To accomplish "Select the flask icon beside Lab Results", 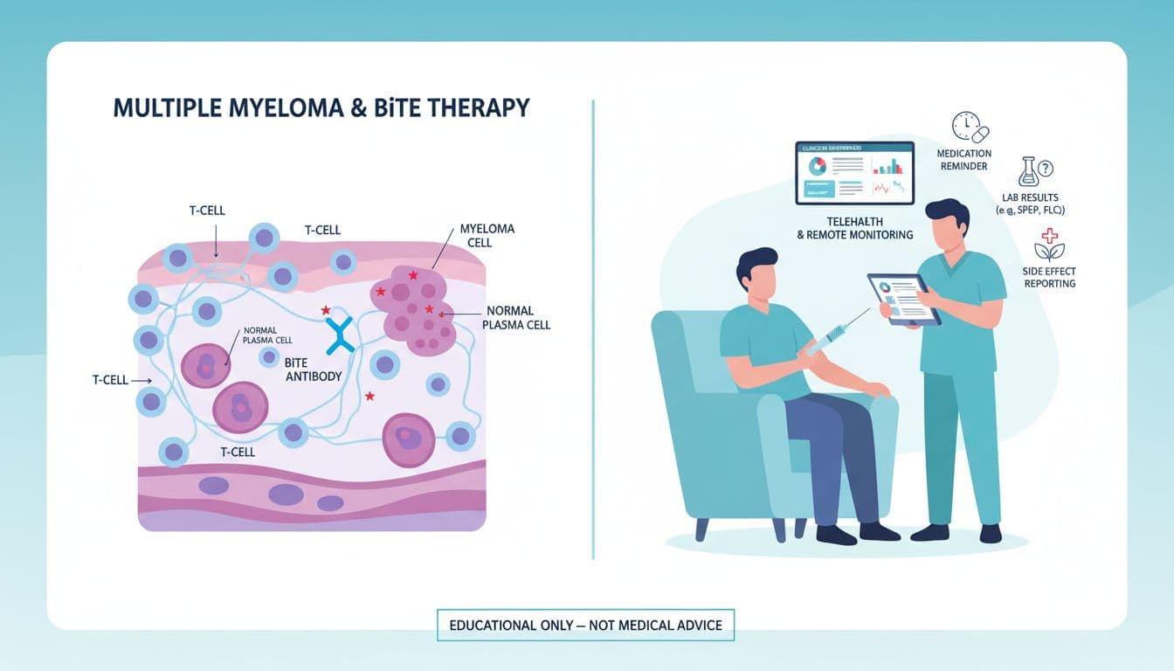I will pos(1028,171).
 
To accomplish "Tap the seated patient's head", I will pos(756,271).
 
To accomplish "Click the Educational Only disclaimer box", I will pos(585,626).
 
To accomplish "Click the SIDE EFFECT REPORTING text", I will pos(1049,277).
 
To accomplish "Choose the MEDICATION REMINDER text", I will pos(963,160).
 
